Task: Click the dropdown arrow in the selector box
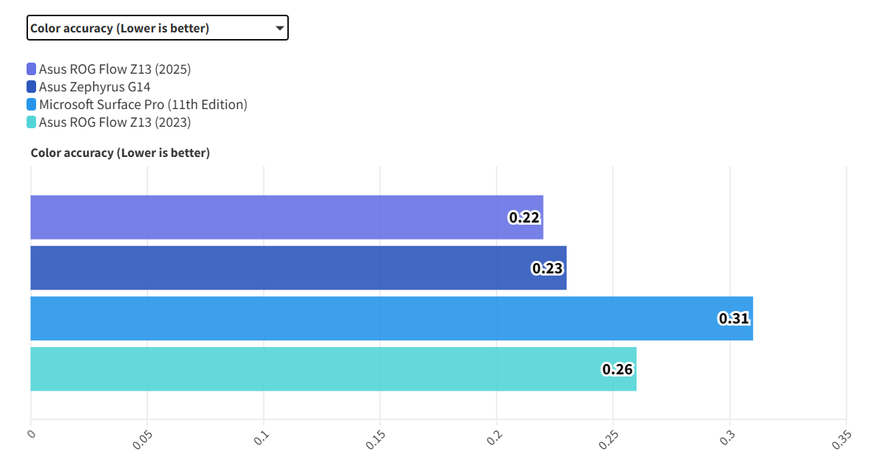pos(279,28)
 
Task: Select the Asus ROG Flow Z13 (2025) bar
pos(287,217)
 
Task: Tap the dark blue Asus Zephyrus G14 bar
pos(298,268)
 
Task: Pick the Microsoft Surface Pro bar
pos(391,318)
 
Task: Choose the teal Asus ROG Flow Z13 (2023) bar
pos(333,369)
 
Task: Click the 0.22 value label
pos(525,217)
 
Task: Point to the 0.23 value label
pos(547,268)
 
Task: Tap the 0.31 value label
pos(734,318)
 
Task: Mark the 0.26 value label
pos(617,369)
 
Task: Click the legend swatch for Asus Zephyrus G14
pos(31,87)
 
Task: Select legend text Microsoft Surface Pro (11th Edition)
pos(143,105)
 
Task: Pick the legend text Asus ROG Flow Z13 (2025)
pos(115,69)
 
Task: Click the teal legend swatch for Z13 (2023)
pos(31,122)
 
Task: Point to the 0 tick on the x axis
pos(31,434)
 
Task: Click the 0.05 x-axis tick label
pos(142,439)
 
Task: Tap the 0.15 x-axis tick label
pos(376,439)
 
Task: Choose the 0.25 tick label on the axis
pos(609,439)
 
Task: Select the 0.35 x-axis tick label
pos(841,439)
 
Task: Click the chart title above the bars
pos(120,153)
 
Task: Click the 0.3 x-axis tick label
pos(727,436)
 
